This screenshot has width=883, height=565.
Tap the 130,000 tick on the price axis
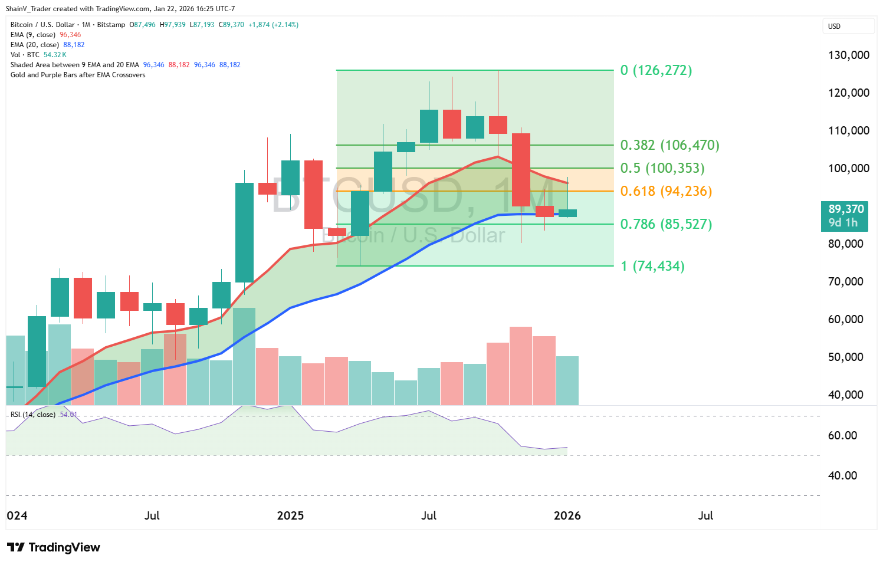pos(849,55)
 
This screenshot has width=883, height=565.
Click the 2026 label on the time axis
pos(567,515)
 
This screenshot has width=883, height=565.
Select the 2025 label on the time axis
pos(290,515)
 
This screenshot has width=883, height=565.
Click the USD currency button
pos(848,27)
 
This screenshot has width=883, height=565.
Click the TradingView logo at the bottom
pos(54,547)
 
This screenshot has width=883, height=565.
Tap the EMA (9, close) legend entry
pos(33,35)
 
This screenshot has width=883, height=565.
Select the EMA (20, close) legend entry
pos(35,45)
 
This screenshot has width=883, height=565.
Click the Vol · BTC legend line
pos(25,55)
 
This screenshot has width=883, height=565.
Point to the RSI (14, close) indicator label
pos(33,415)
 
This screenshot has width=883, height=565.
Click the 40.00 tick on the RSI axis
pos(842,475)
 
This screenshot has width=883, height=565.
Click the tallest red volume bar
pos(521,366)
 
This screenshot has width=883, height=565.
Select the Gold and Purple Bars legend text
pos(78,75)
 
